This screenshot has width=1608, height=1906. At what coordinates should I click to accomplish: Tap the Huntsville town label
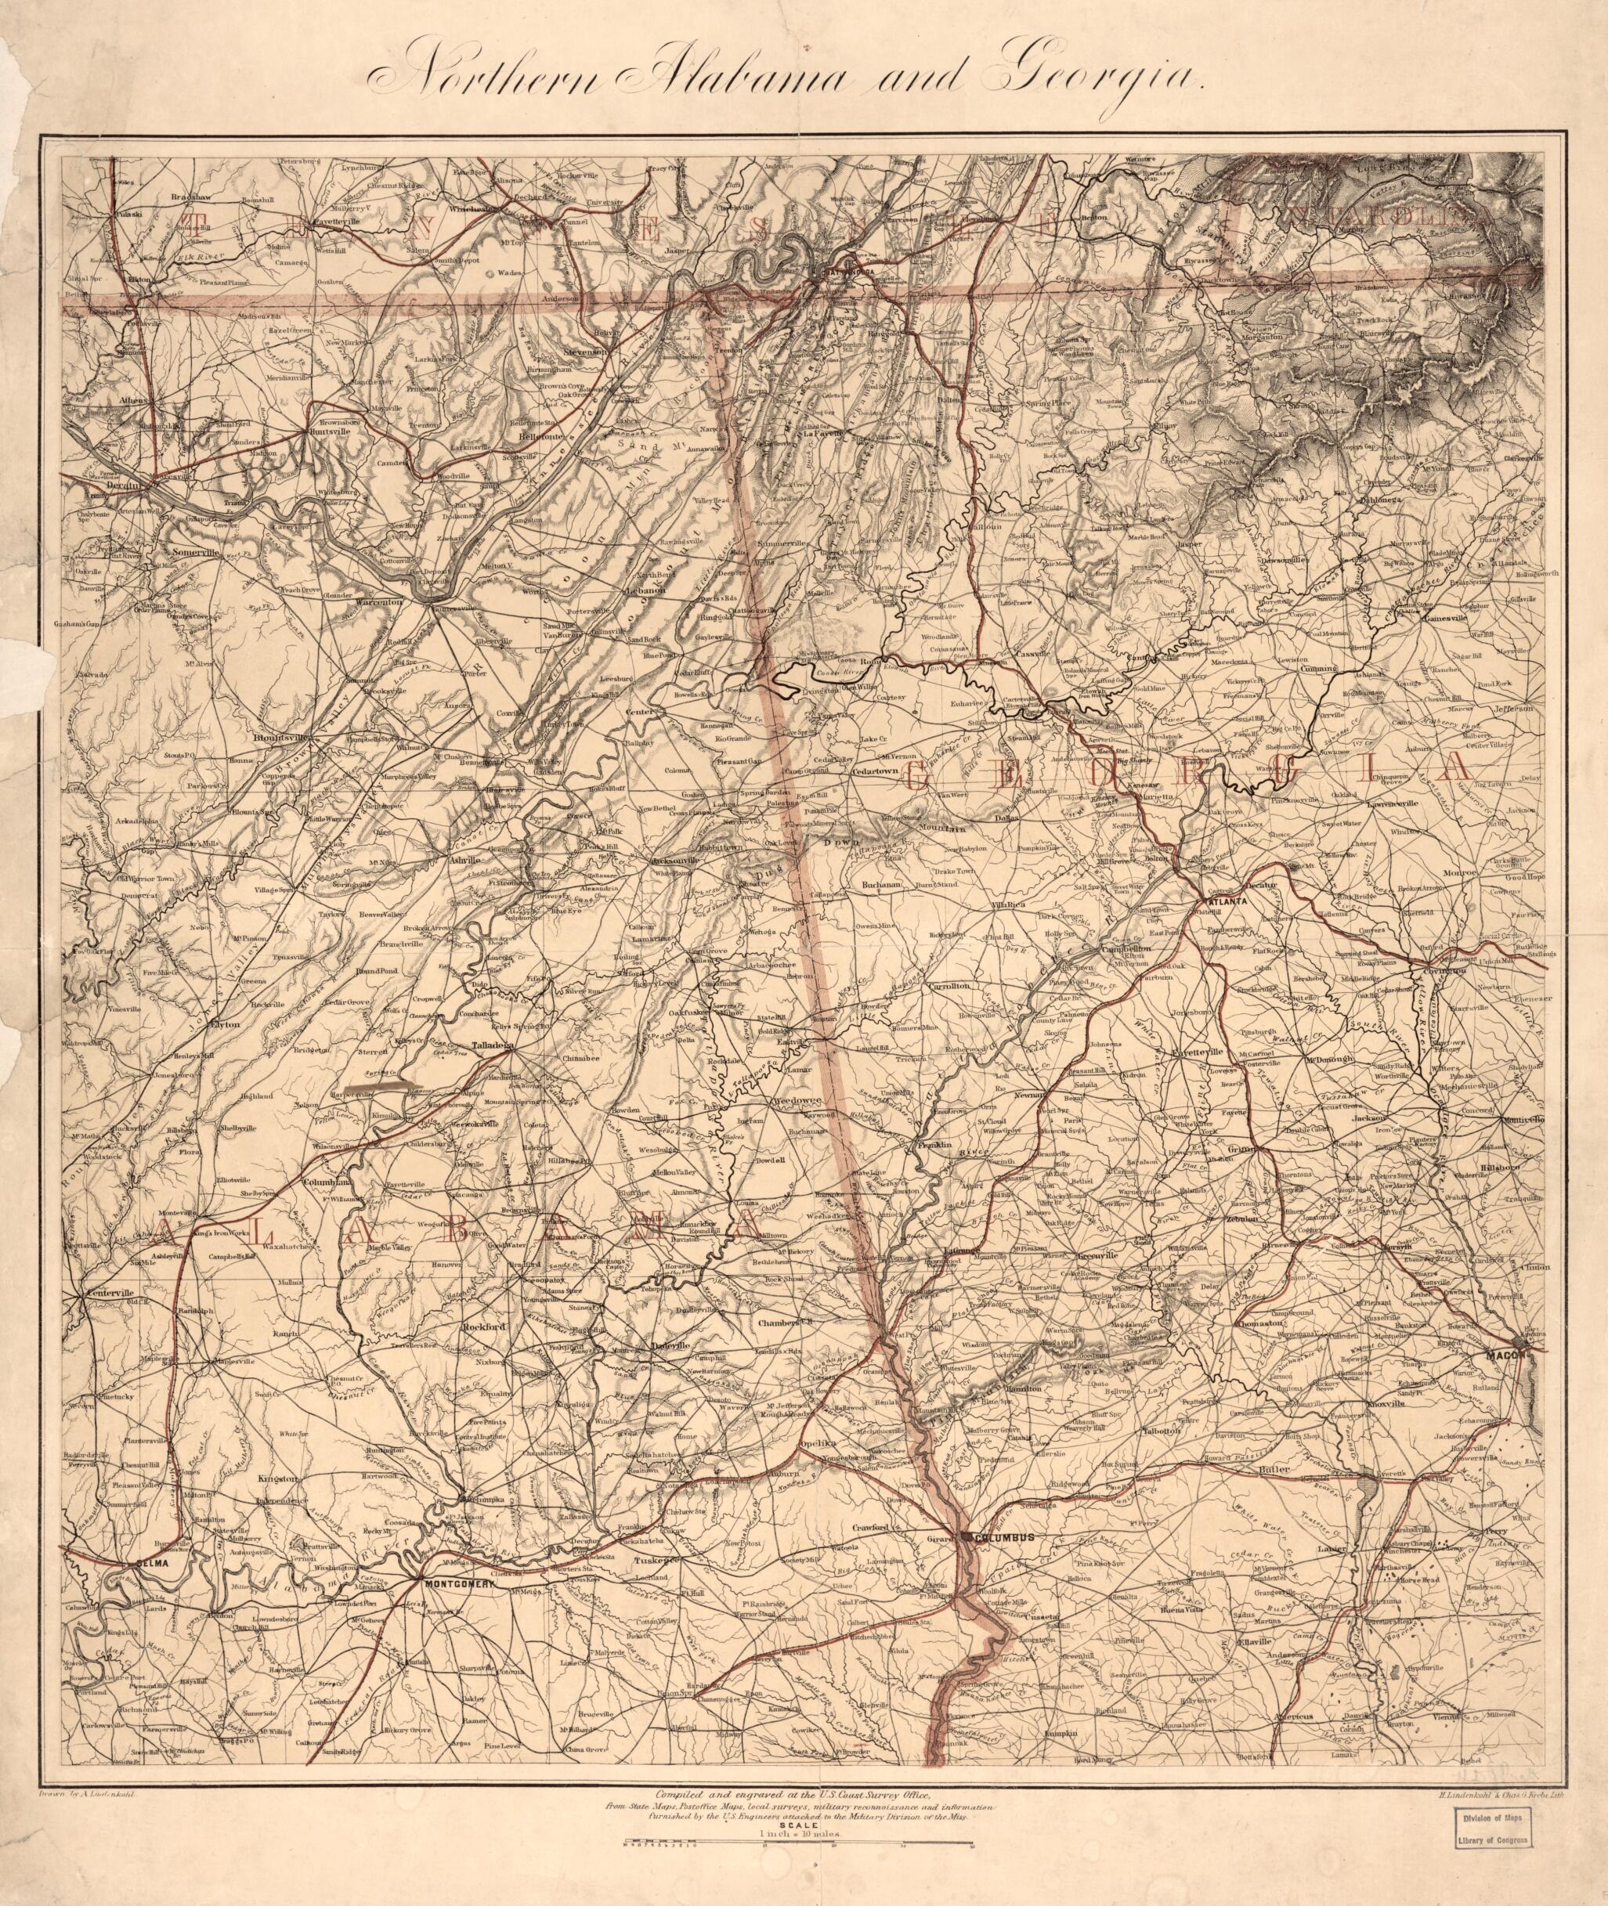point(330,432)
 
